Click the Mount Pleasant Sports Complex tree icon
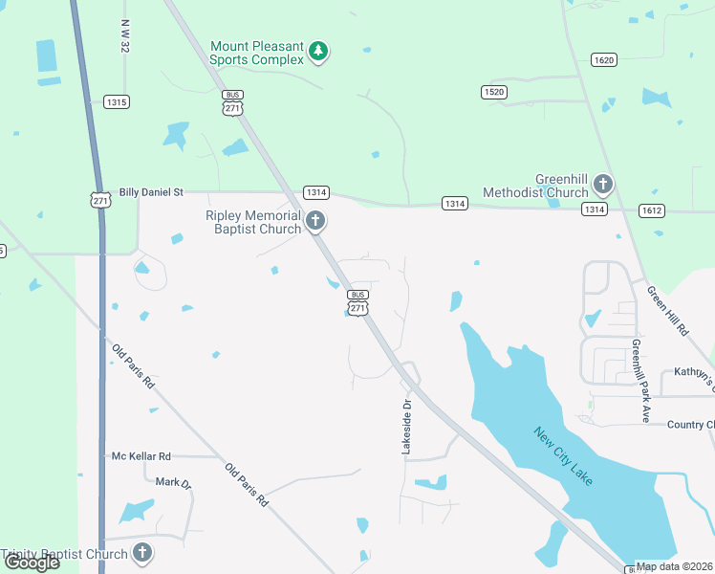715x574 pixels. tap(320, 53)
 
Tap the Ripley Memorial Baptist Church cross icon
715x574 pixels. tap(316, 222)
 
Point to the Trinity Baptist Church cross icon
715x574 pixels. tap(142, 553)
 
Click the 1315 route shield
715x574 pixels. tap(117, 101)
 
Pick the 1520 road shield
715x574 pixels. tap(492, 91)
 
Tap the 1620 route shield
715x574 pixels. tap(603, 59)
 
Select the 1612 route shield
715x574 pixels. tap(652, 210)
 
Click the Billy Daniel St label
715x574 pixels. tap(151, 192)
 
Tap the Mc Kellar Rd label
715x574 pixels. tap(141, 456)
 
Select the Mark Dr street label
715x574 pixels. tap(174, 483)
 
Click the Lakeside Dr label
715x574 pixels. tap(405, 427)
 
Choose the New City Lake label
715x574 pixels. tap(563, 454)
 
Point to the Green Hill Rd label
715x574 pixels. tap(667, 310)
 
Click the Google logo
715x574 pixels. tap(32, 563)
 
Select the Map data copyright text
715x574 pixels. tap(675, 566)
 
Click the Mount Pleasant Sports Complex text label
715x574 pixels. tap(257, 53)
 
